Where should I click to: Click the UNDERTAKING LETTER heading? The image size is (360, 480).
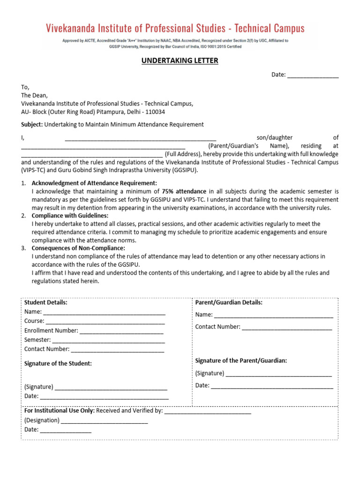click(x=180, y=61)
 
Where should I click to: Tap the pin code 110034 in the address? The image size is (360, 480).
click(x=155, y=112)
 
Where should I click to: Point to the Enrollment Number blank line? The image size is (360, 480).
click(x=121, y=331)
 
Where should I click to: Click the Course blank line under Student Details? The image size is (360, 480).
click(x=105, y=322)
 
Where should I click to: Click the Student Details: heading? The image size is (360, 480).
click(x=45, y=302)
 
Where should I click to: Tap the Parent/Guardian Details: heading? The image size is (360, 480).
click(x=229, y=302)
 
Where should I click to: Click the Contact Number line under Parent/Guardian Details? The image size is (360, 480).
click(x=287, y=327)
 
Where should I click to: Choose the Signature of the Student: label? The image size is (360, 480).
click(x=58, y=363)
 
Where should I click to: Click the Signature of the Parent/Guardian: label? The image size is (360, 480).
click(x=241, y=360)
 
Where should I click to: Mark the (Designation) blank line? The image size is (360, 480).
click(x=105, y=420)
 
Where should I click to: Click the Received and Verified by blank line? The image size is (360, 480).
click(x=208, y=411)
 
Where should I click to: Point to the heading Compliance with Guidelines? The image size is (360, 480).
click(x=70, y=216)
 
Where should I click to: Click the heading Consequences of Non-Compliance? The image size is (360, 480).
click(x=78, y=248)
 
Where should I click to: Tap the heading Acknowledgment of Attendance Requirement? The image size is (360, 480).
click(x=94, y=183)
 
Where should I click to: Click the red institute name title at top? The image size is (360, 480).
click(x=175, y=28)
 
